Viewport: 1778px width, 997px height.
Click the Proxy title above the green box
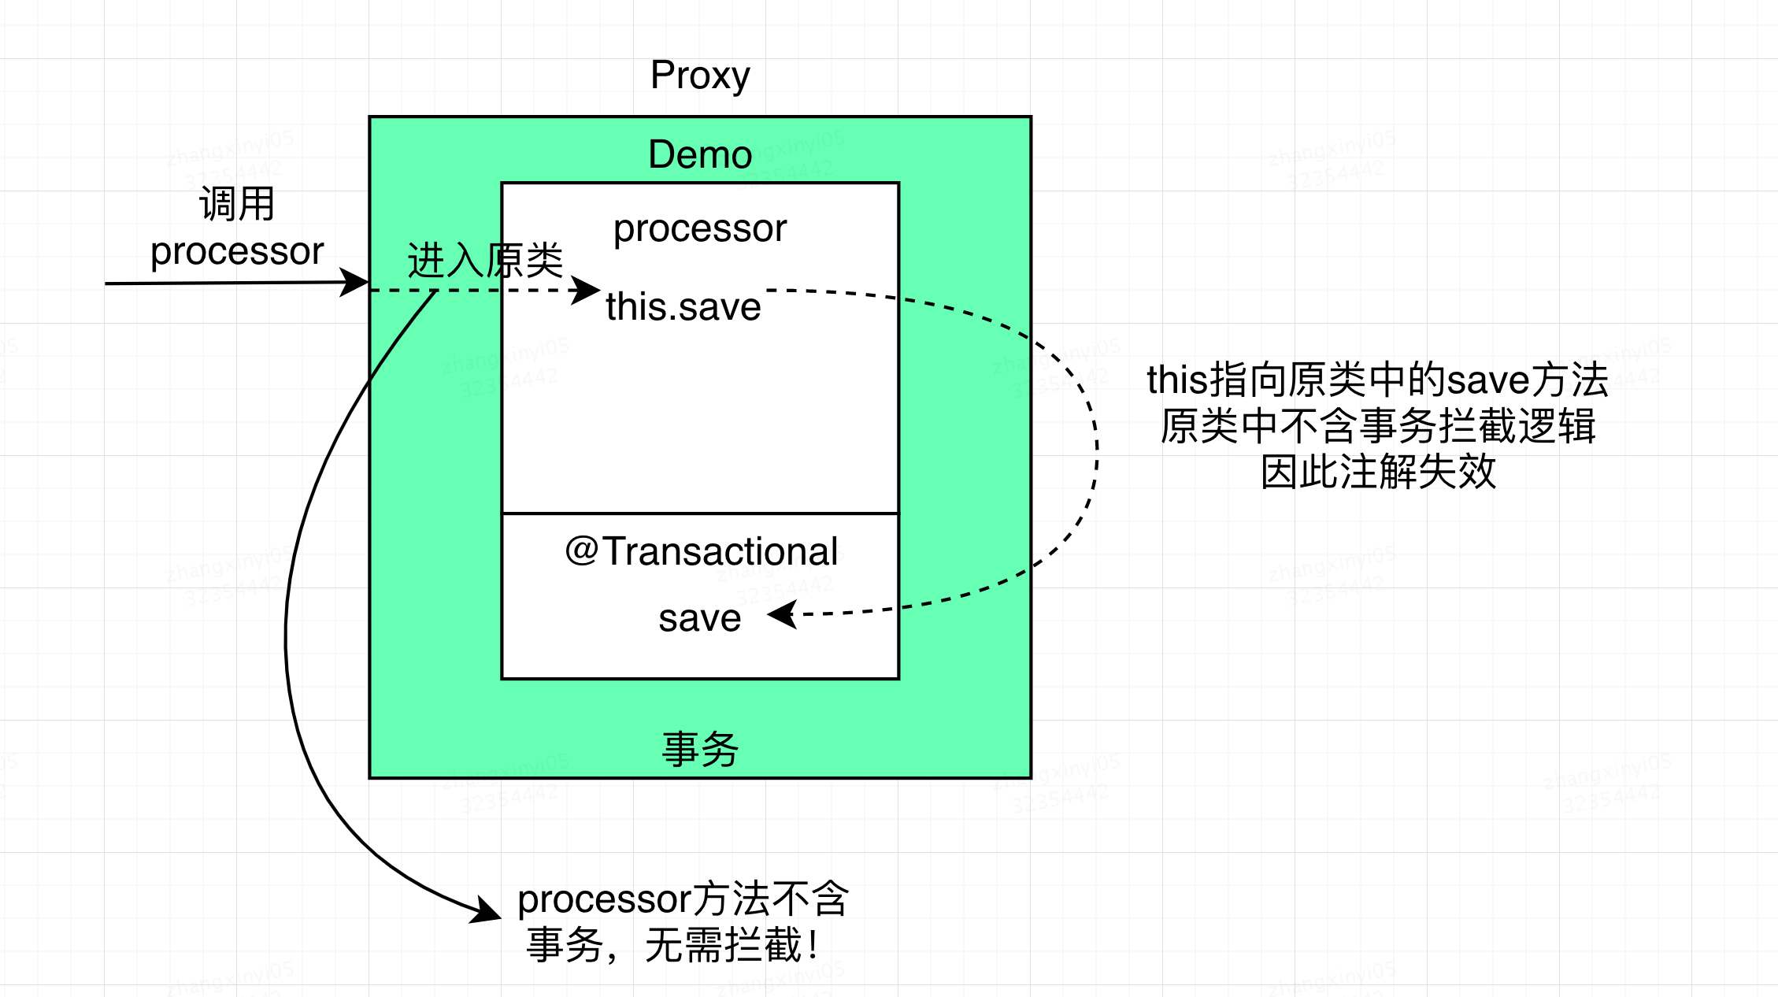(x=700, y=76)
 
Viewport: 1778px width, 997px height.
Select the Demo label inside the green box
(x=700, y=154)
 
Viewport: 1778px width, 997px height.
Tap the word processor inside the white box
(x=700, y=228)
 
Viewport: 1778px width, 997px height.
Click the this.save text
(x=683, y=306)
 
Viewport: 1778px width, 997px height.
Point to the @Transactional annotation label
(x=701, y=551)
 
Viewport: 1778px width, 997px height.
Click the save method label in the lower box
(x=700, y=618)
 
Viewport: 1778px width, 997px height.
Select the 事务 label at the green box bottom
(x=700, y=748)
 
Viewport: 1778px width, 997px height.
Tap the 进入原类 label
(x=485, y=261)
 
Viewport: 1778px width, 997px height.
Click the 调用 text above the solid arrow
(x=237, y=204)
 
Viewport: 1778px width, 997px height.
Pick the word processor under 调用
(x=237, y=251)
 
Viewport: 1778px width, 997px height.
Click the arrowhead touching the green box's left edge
(x=356, y=282)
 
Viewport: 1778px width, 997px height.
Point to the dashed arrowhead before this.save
(x=587, y=290)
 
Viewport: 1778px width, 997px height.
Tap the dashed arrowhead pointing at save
(x=782, y=614)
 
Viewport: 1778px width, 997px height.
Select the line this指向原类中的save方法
(x=1377, y=380)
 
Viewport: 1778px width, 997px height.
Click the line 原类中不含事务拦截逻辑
(x=1377, y=426)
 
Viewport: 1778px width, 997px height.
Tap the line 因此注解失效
(x=1377, y=473)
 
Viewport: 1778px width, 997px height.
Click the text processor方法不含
(x=683, y=899)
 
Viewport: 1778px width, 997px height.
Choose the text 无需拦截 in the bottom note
(x=723, y=945)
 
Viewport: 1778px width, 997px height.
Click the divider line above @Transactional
(x=700, y=513)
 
